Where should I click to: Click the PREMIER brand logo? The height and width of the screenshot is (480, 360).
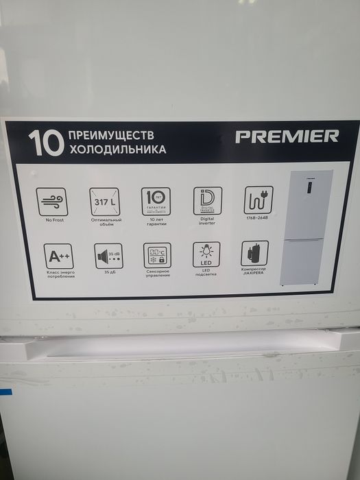[x=287, y=136]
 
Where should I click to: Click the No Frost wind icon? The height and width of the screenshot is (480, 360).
[x=52, y=200]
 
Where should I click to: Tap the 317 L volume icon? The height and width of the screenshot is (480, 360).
[x=104, y=201]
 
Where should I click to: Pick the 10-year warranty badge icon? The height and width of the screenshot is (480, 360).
[x=156, y=201]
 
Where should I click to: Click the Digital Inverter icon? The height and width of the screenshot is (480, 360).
[x=207, y=200]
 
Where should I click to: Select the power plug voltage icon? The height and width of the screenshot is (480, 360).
[x=258, y=200]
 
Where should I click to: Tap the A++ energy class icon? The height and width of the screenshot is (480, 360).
[x=57, y=256]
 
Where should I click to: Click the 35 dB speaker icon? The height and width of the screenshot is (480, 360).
[x=108, y=256]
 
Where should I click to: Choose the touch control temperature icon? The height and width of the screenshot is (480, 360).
[x=158, y=255]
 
